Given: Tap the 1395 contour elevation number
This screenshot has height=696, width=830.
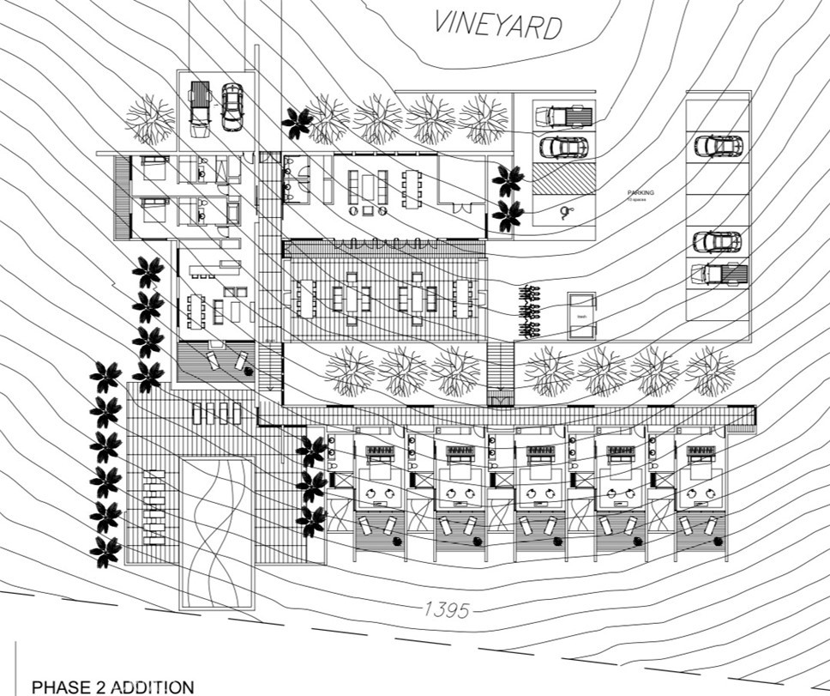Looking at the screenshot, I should (447, 610).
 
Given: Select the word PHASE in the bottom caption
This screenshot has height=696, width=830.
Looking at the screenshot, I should (59, 687).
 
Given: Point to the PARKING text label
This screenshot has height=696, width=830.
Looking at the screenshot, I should (640, 193).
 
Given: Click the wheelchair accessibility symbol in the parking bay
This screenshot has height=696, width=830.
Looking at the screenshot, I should (564, 211).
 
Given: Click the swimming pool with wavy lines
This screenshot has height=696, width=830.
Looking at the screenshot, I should (216, 530).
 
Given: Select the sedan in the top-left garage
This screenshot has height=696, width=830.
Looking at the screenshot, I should (232, 106).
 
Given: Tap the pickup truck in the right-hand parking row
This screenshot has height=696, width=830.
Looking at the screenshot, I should (719, 274).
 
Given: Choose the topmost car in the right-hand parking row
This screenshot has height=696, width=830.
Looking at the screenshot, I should (718, 146).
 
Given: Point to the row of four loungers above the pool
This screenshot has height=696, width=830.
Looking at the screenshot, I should (217, 414).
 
